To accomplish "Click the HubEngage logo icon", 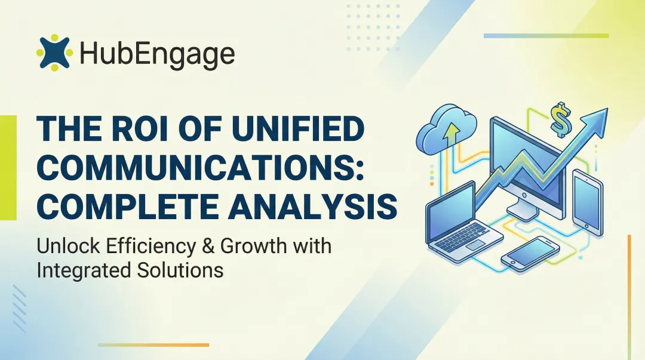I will click(54, 53).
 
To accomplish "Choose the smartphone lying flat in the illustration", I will click(530, 252).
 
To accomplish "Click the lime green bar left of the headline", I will click(8, 167).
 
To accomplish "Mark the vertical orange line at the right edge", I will click(629, 293).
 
